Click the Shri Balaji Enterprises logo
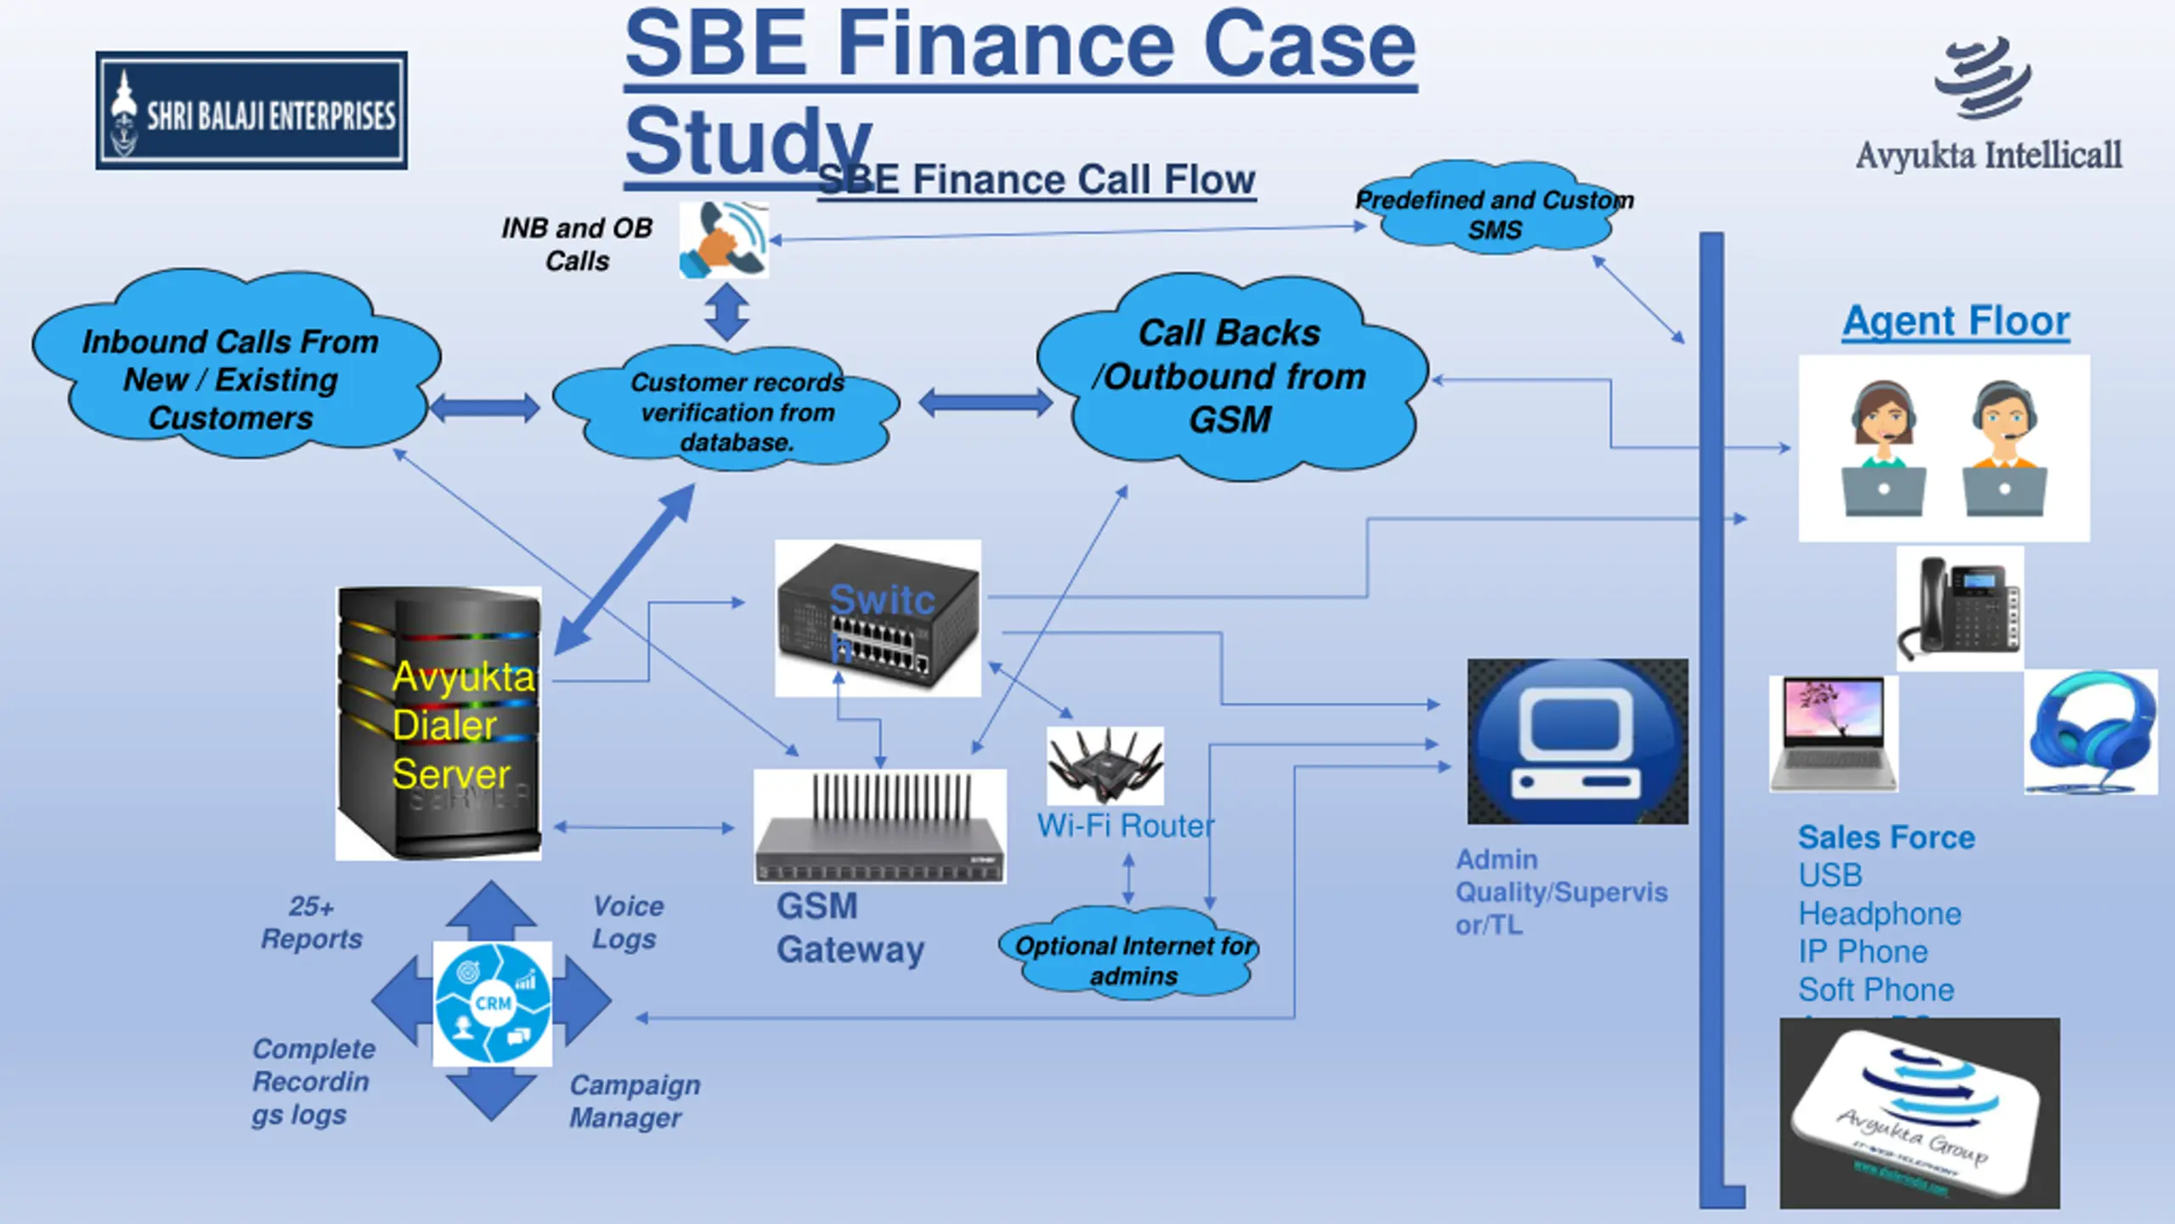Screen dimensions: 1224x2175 click(x=251, y=110)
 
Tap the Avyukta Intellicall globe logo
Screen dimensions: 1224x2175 click(x=1983, y=78)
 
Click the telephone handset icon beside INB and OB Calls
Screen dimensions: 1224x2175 click(x=724, y=240)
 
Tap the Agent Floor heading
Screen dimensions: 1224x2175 click(x=1956, y=321)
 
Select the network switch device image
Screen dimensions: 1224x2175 click(x=878, y=619)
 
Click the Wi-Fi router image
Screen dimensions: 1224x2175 click(x=1104, y=765)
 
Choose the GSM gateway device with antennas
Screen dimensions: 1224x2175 click(x=880, y=826)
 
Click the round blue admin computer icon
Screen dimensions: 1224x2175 click(x=1578, y=741)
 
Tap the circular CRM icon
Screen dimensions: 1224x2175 click(x=493, y=1003)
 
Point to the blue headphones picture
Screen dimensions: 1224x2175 click(x=2090, y=733)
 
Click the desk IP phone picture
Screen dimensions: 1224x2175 click(x=1959, y=609)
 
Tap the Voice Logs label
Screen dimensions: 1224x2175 click(x=627, y=922)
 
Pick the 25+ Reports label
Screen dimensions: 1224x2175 click(x=311, y=922)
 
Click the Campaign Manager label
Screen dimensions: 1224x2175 click(x=634, y=1101)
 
